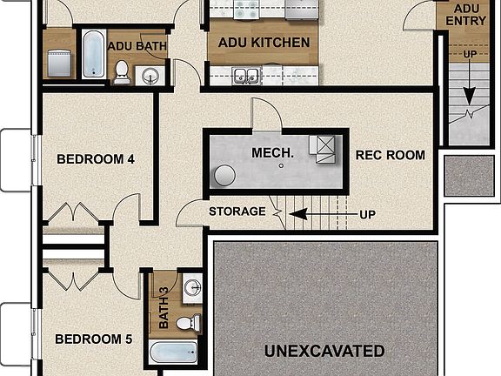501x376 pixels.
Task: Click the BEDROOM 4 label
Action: [x=96, y=159]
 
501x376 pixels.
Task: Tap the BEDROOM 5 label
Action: [x=95, y=339]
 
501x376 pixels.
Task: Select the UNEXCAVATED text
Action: [x=324, y=352]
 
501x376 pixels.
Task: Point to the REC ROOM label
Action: [x=391, y=156]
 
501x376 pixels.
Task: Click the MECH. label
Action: [x=272, y=153]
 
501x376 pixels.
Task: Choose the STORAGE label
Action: [x=237, y=211]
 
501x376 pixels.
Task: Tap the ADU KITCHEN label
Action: [x=264, y=43]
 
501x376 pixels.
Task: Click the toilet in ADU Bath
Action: [x=122, y=72]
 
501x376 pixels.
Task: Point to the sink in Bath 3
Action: [x=192, y=288]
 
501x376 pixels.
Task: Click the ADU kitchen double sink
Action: [x=246, y=76]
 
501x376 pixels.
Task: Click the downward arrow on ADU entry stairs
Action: [x=469, y=87]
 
